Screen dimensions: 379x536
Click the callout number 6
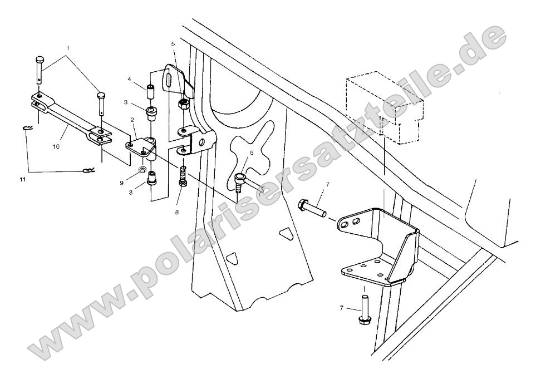click(x=250, y=152)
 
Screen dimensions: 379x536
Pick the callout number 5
click(x=173, y=43)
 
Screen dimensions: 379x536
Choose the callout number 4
click(x=130, y=79)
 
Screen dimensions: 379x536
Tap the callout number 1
click(x=68, y=48)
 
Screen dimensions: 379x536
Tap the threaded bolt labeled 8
click(x=183, y=178)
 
